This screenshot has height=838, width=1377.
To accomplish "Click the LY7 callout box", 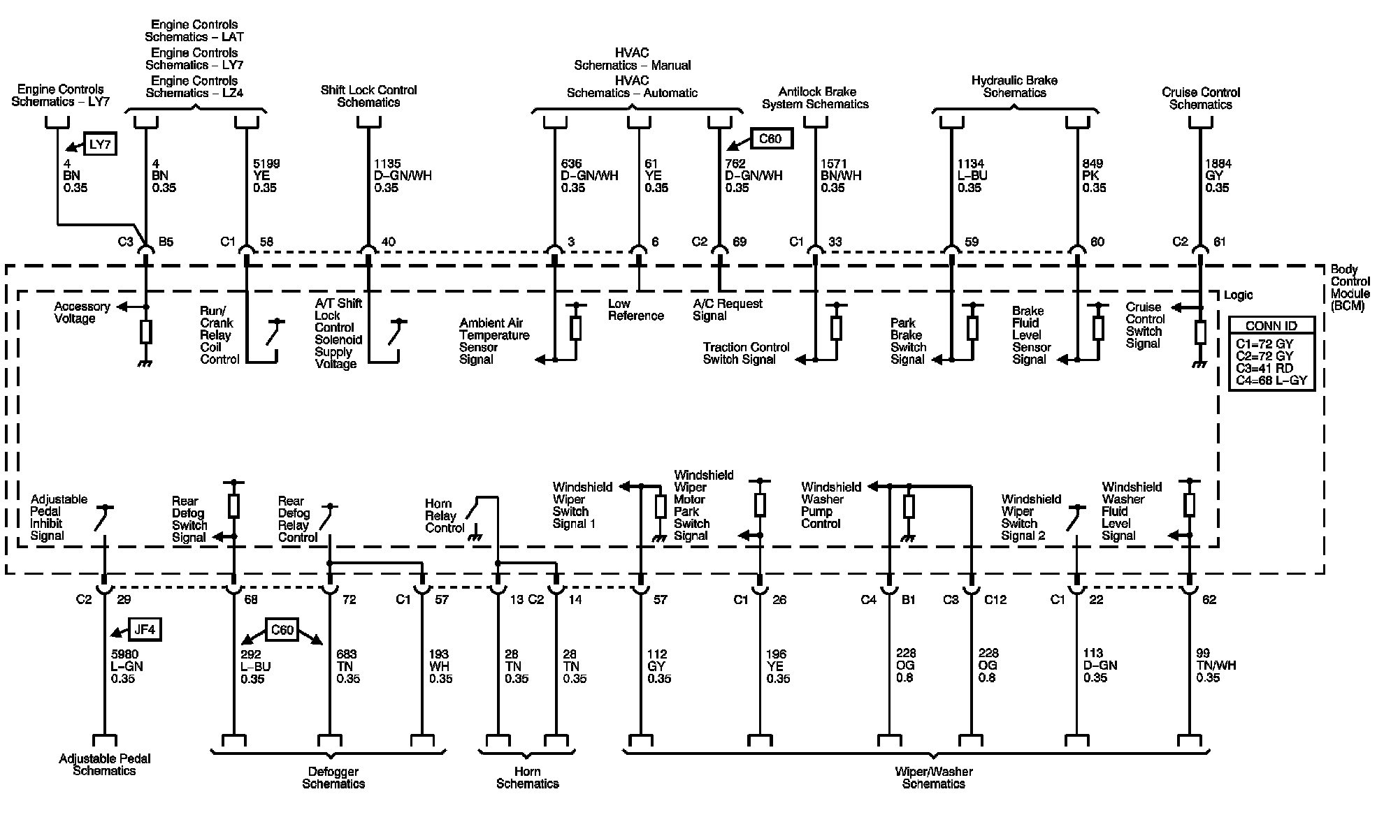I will tap(100, 145).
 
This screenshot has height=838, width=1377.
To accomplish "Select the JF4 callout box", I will tap(144, 630).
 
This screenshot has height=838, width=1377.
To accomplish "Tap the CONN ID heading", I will tap(1271, 325).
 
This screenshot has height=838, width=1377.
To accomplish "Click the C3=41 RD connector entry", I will tap(1264, 368).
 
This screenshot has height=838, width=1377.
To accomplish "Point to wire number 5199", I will tap(266, 164).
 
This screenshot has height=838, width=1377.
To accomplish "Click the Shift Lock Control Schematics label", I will tap(368, 96).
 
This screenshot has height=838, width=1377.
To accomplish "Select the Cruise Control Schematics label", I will tap(1200, 98).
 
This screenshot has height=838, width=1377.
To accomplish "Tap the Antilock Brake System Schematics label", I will tap(816, 98).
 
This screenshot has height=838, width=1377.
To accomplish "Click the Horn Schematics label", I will tap(527, 777).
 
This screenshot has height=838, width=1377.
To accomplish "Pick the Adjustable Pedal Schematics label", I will tap(104, 765).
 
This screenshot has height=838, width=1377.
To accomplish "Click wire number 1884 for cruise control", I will tap(1218, 164).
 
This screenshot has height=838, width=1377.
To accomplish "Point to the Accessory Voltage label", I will tap(82, 312).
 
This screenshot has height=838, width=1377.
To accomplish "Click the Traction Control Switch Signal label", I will tap(746, 353).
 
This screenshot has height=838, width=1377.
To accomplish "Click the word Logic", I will tap(1238, 295).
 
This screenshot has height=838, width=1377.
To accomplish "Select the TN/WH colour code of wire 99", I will tap(1216, 666).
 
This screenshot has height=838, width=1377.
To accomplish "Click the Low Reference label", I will tap(635, 309).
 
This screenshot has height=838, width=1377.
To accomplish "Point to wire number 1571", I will tap(835, 164).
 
